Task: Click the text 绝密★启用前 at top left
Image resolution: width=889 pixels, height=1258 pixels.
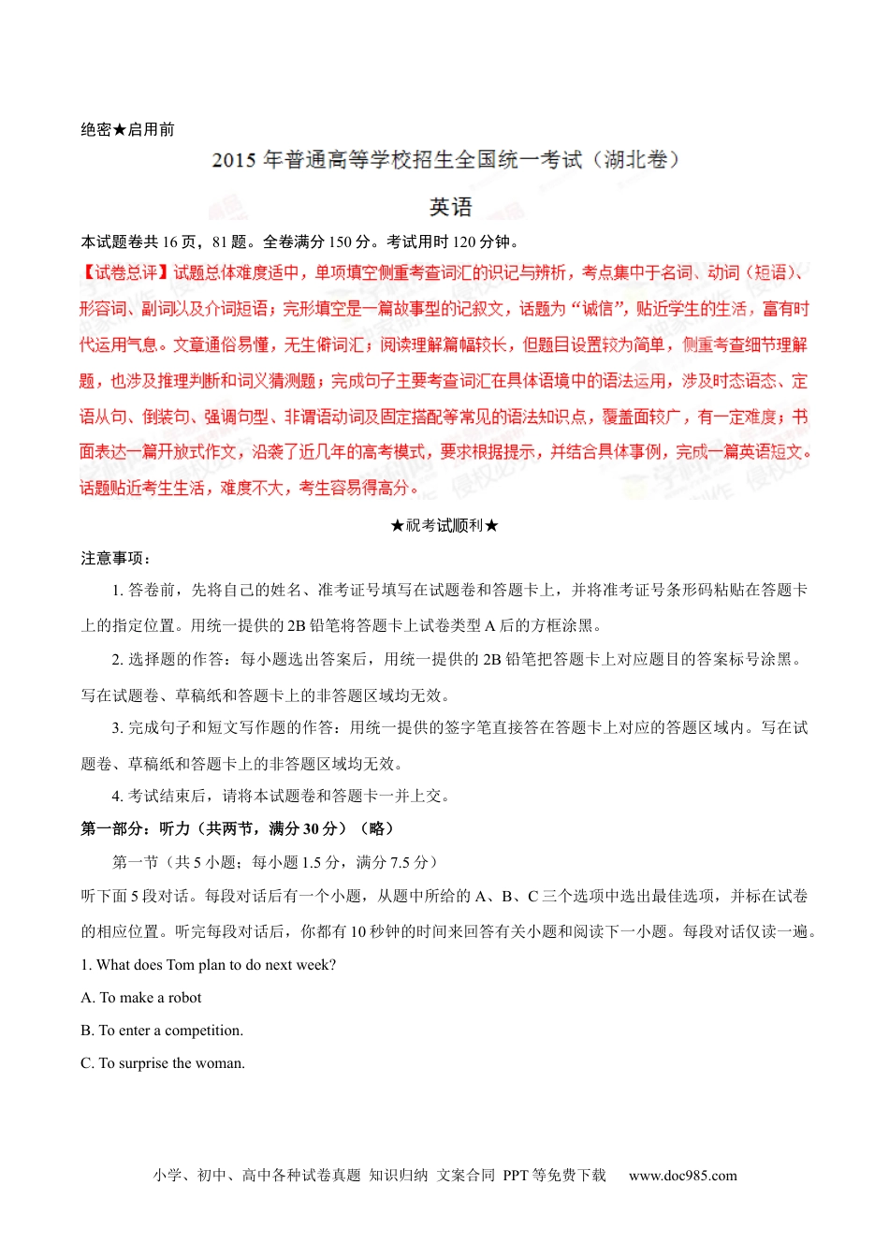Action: point(127,129)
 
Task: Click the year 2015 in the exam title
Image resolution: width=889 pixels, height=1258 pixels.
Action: point(233,160)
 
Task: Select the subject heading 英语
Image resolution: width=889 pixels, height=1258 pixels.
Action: point(450,207)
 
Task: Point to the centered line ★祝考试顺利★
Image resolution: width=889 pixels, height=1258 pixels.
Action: point(444,525)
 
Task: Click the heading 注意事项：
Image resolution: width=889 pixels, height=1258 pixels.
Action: point(116,558)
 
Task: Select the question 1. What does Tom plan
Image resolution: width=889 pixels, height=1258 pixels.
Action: point(208,965)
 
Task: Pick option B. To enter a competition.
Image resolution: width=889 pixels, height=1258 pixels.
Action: point(162,1031)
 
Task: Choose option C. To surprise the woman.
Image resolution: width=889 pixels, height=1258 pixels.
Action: point(163,1063)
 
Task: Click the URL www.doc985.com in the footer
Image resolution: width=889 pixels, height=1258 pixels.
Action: point(682,1176)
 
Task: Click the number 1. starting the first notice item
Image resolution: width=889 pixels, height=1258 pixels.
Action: point(118,590)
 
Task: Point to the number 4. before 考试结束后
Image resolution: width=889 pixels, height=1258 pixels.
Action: point(118,797)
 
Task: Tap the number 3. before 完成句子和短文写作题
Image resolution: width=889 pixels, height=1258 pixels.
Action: point(118,728)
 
